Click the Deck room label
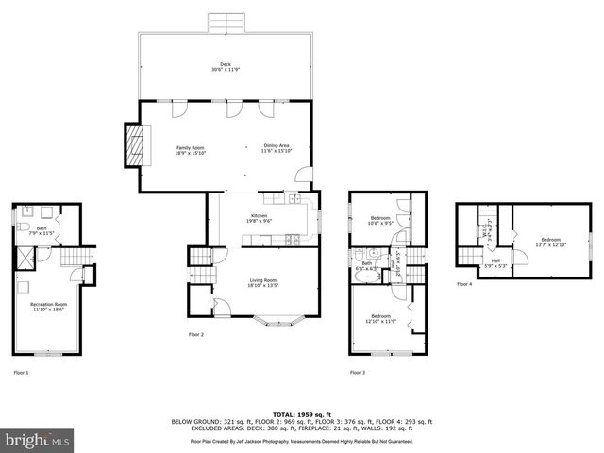pos(217,67)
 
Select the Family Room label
pos(191,149)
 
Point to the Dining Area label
pos(277,149)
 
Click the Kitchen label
pos(259,218)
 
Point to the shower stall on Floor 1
pos(23,255)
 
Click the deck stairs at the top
pos(225,24)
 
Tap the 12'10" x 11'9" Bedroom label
pos(380,318)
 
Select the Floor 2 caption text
pos(195,334)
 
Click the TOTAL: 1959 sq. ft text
pos(301,414)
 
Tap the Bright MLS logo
pos(36,440)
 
